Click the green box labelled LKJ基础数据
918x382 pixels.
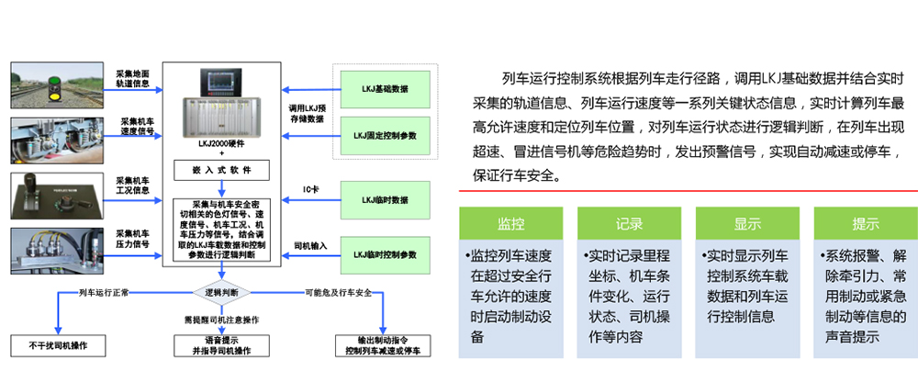coord(385,89)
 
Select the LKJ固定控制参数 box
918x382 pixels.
coord(385,136)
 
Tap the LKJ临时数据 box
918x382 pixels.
coord(385,199)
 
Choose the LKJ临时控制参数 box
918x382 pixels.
coord(385,252)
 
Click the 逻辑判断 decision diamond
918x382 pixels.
coord(221,292)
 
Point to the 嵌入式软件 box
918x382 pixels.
coord(221,170)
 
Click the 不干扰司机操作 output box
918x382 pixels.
coord(58,345)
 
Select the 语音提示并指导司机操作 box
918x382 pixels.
coord(221,345)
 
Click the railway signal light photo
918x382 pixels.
coord(57,85)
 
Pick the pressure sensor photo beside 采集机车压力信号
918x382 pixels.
coord(57,253)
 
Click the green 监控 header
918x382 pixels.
coord(510,224)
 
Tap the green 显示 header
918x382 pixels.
coord(747,224)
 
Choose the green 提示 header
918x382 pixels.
coord(865,224)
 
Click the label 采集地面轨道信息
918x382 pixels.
coord(132,78)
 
